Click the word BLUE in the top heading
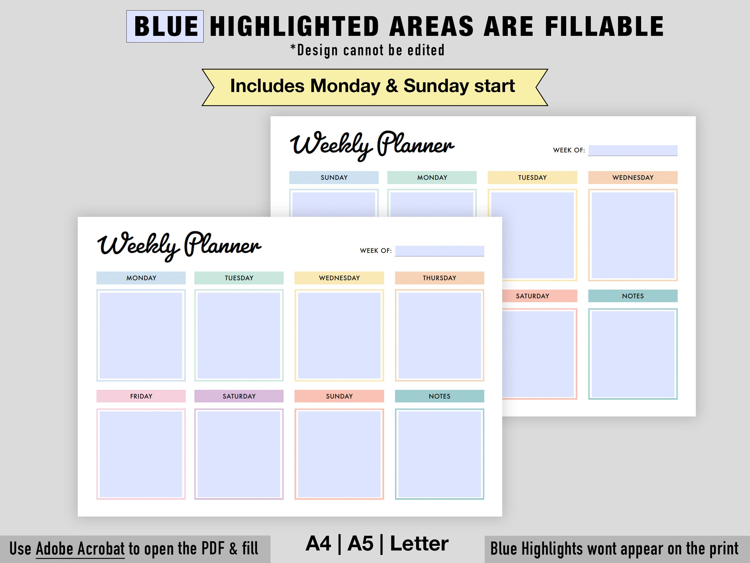click(166, 26)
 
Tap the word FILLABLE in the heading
click(604, 26)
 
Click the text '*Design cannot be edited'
click(367, 50)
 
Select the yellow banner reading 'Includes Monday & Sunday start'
click(373, 86)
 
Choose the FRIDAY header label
click(141, 396)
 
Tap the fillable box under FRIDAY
click(141, 454)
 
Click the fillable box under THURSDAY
click(439, 335)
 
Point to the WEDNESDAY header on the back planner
click(633, 177)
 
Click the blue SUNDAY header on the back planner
click(334, 177)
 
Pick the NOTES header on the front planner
click(439, 396)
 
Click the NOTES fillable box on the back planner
click(633, 354)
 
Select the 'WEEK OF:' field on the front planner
click(439, 251)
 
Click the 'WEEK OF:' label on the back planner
click(569, 150)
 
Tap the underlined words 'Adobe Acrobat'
click(80, 549)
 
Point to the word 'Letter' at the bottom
click(419, 544)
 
